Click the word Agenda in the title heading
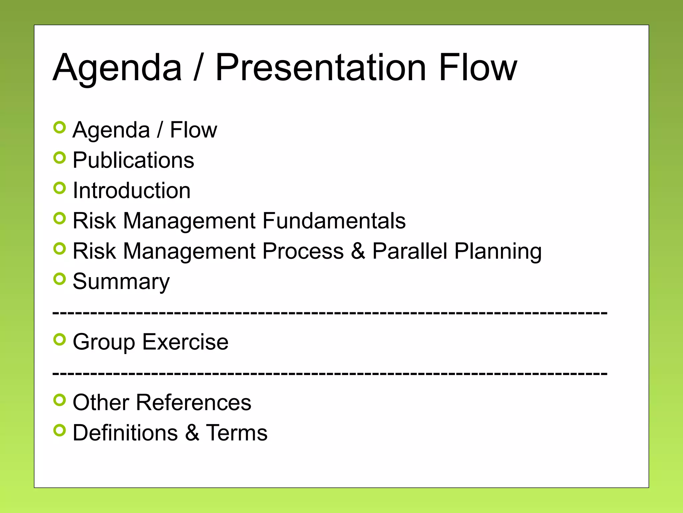117,68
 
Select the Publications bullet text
133,160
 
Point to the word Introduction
132,190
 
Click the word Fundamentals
334,221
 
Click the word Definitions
125,433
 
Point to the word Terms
236,433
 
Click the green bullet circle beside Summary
60,279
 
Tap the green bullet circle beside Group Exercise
60,340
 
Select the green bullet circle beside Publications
60,158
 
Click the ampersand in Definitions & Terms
192,433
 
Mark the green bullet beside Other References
60,400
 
